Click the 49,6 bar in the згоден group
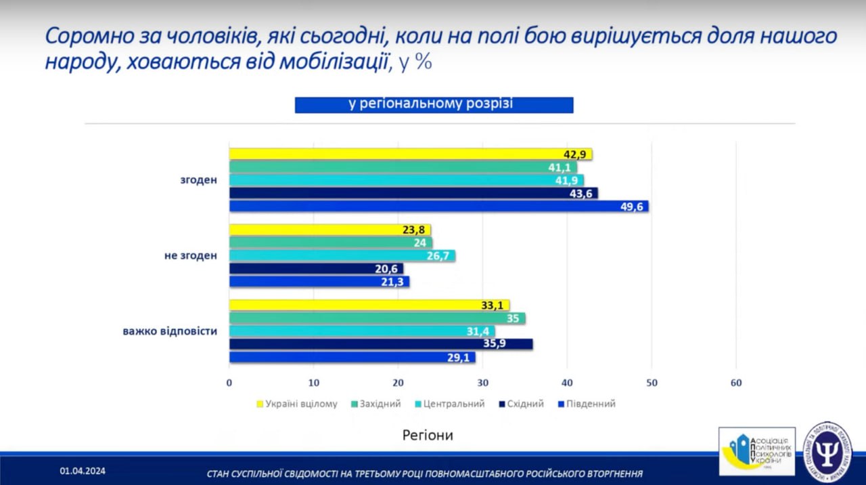(x=438, y=206)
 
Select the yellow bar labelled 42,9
(x=410, y=154)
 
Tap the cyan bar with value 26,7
(x=342, y=255)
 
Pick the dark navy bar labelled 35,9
(x=380, y=344)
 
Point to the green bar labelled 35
(x=377, y=318)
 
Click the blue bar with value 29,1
(x=352, y=357)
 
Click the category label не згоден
(x=191, y=255)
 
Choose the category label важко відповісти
(x=170, y=331)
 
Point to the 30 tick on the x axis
(x=482, y=383)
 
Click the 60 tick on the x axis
(x=736, y=383)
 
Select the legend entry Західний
(x=377, y=404)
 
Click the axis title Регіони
(x=428, y=435)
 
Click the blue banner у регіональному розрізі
(x=434, y=104)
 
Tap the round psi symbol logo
(x=827, y=452)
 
